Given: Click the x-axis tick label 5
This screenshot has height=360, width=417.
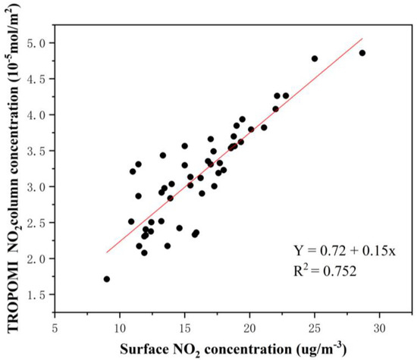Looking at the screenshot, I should (x=55, y=332).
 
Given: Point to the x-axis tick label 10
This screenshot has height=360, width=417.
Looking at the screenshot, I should (x=119, y=332).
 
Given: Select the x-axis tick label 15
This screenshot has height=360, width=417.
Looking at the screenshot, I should (x=184, y=332).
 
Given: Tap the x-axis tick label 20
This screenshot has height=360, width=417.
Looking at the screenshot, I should (x=249, y=332).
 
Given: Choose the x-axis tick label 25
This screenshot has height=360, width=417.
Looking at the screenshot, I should (x=315, y=332).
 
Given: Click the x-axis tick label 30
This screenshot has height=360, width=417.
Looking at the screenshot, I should (x=380, y=332).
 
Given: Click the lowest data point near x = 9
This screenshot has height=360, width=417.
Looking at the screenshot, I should (x=107, y=279).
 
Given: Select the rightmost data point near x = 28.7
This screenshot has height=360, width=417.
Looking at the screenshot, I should (x=362, y=53).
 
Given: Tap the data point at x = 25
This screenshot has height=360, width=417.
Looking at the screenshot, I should (x=315, y=58).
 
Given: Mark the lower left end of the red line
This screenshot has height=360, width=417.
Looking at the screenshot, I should (x=107, y=252).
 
